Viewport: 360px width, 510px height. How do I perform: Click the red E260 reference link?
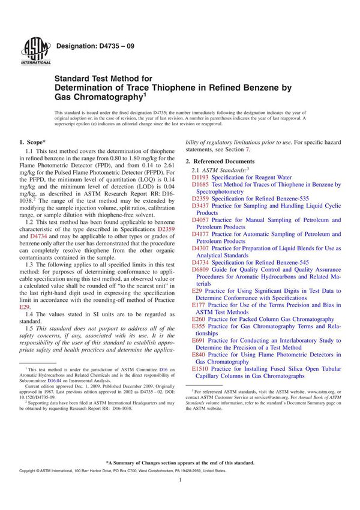tap(199, 319)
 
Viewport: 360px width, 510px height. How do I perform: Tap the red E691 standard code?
tap(199, 340)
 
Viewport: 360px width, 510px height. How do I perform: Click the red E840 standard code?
tap(199, 355)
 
